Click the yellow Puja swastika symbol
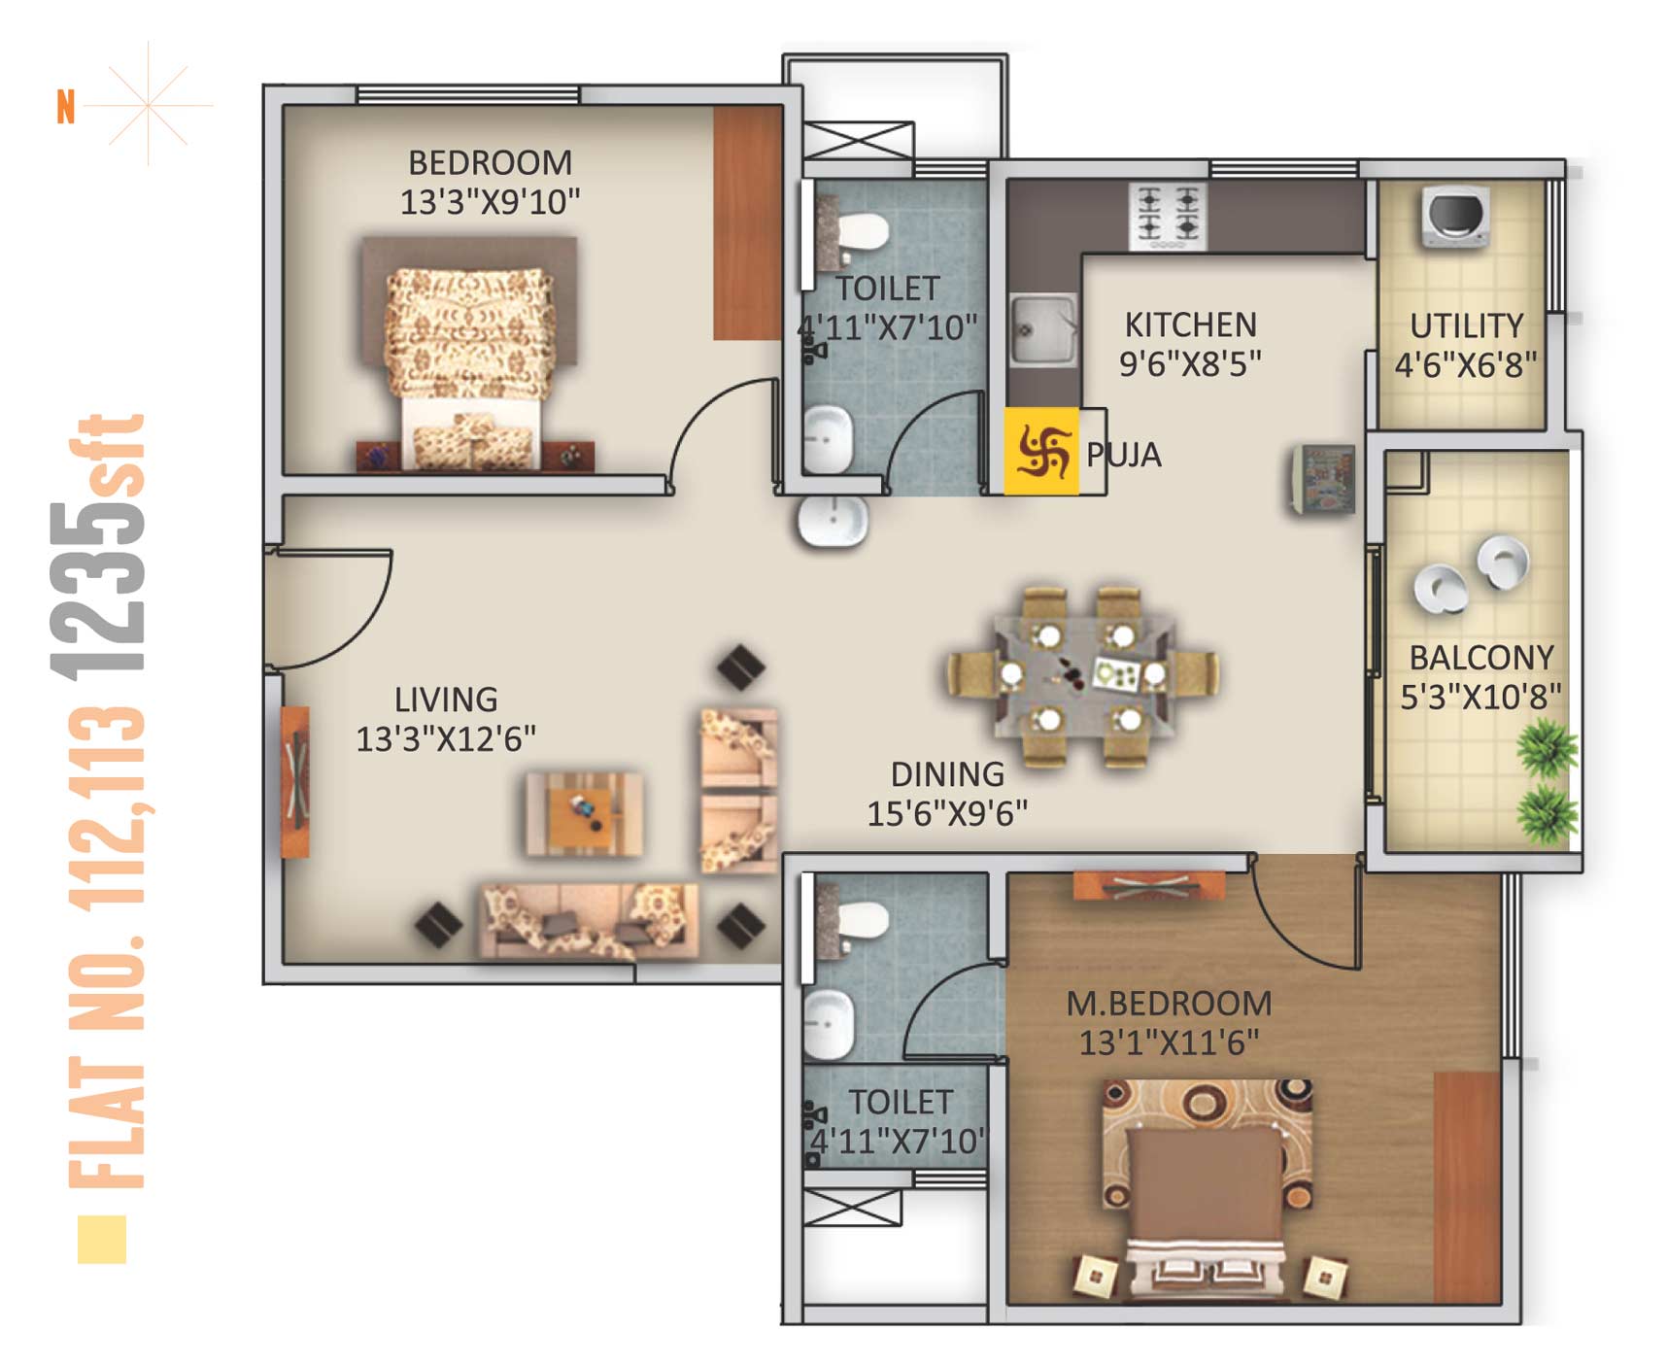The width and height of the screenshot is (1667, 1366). [x=1041, y=452]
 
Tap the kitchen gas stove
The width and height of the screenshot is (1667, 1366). [x=1168, y=216]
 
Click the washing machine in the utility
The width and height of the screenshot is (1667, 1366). [x=1455, y=216]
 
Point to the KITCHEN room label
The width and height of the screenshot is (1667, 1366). [x=1190, y=324]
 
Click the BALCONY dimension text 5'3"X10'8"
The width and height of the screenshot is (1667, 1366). [x=1480, y=697]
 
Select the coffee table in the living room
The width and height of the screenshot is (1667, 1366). [x=583, y=814]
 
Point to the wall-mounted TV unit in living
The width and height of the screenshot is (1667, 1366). [x=295, y=782]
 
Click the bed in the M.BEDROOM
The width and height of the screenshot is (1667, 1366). [x=1207, y=1189]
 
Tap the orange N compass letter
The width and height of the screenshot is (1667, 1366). [x=66, y=107]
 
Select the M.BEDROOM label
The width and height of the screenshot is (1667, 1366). [x=1169, y=1003]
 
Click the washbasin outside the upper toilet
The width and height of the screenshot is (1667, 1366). [x=833, y=521]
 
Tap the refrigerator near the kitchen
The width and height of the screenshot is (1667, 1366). [x=1323, y=478]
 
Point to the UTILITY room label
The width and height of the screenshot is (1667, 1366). [x=1466, y=325]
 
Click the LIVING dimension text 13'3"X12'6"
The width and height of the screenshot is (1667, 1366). [x=446, y=739]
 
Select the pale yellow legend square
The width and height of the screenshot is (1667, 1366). [x=102, y=1240]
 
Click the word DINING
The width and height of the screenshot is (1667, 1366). [x=947, y=774]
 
